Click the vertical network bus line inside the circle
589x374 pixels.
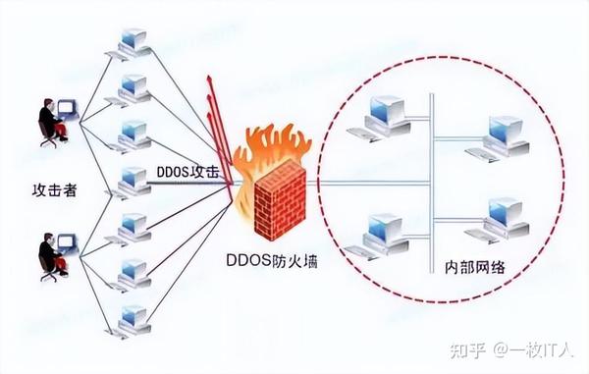pyautogui.click(x=431, y=177)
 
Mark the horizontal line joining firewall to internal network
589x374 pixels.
pyautogui.click(x=363, y=181)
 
